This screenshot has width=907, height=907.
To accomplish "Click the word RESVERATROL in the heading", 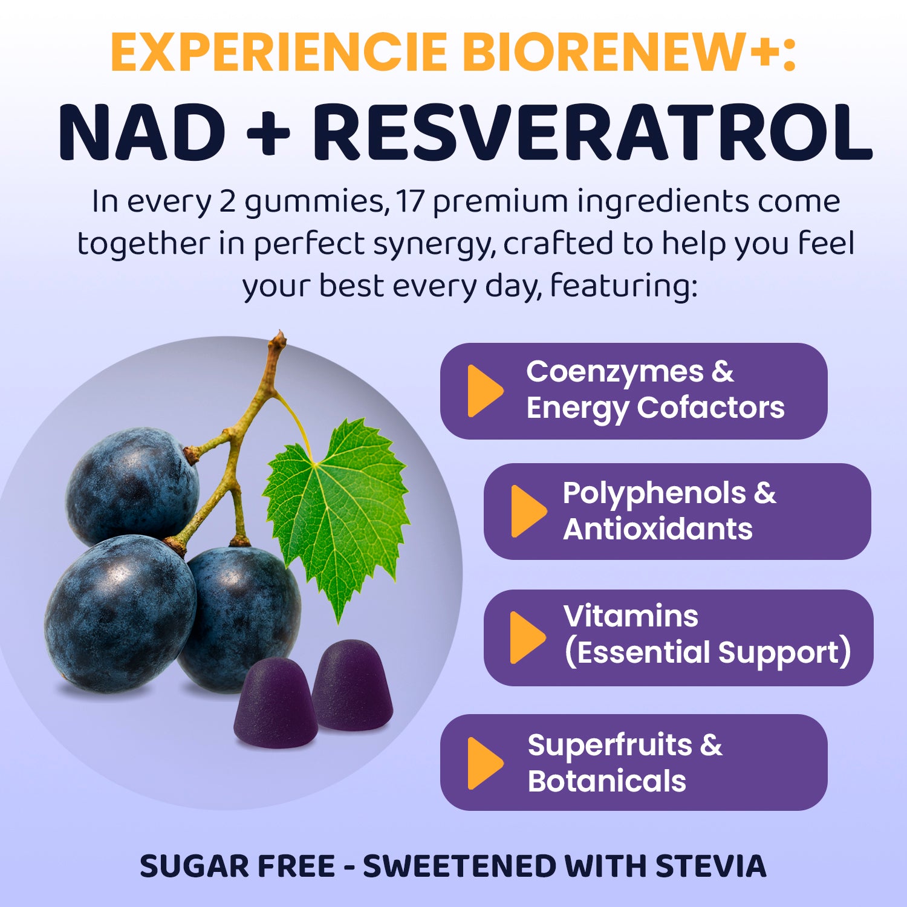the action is (592, 132).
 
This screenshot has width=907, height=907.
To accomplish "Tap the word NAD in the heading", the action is (143, 132).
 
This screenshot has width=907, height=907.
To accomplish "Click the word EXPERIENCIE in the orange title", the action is (279, 52).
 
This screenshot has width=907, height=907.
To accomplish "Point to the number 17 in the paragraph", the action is (410, 202).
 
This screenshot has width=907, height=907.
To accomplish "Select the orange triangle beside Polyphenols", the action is (528, 511).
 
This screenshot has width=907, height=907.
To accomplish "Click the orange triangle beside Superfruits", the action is (485, 763).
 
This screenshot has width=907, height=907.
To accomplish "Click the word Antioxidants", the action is (658, 529).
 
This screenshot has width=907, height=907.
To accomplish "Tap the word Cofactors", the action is (711, 408).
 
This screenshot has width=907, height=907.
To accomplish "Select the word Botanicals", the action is (607, 781).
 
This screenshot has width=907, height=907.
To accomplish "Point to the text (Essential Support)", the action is (707, 652).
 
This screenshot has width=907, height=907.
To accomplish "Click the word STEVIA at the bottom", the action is (711, 866).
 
